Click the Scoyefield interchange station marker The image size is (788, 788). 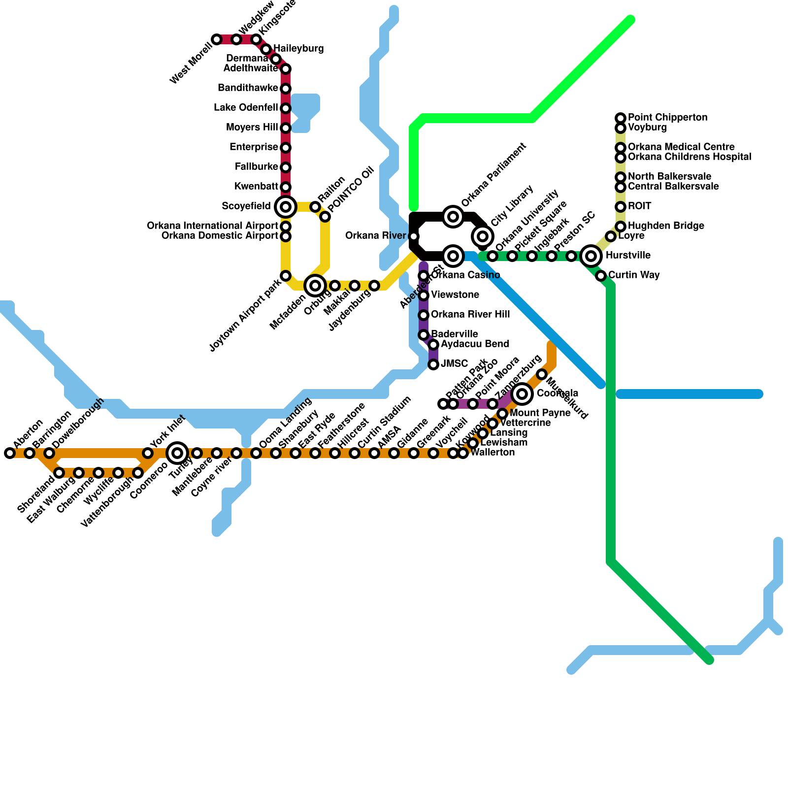286,207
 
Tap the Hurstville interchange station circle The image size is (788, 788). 591,256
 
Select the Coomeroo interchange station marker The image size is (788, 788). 177,453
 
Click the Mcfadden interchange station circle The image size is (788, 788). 315,285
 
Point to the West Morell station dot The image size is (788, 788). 217,39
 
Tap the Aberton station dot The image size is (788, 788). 10,453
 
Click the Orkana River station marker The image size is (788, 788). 414,236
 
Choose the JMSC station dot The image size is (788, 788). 433,364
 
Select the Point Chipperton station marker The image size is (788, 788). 621,118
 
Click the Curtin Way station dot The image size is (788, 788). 601,276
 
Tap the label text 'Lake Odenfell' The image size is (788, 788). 246,108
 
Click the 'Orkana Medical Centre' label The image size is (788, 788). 681,147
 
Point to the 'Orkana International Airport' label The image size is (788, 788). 213,226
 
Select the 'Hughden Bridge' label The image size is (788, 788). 666,226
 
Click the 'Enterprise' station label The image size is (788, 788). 254,147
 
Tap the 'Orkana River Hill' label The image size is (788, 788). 470,315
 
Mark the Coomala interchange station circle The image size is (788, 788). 522,394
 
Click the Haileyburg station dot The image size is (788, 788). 266,49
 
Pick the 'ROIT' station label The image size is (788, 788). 639,206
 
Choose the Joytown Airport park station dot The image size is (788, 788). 286,276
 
